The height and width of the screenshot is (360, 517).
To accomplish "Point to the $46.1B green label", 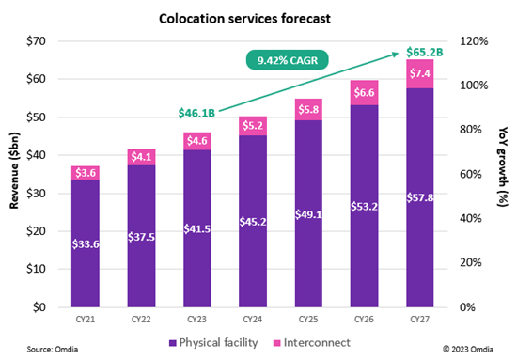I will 196,113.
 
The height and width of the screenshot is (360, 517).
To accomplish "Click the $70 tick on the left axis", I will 34,40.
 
